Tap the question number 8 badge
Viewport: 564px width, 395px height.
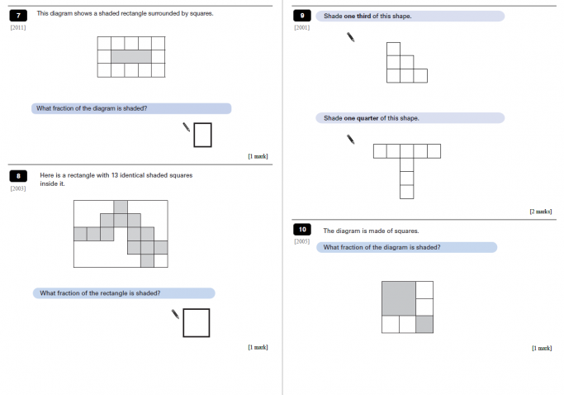pos(18,176)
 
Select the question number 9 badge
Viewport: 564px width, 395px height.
pos(302,16)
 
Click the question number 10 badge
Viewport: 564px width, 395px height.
pos(302,230)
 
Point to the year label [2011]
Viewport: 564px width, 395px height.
pos(18,28)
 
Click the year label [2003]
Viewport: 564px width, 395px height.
pos(18,188)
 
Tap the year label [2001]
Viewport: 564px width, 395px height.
pos(302,28)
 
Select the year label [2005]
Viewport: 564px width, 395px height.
pos(302,242)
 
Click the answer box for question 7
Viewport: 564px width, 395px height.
pos(203,134)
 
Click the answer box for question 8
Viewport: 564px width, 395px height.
pos(196,322)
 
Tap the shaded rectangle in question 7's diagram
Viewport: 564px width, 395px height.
pos(131,56)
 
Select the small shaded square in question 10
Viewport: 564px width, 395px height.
pos(424,324)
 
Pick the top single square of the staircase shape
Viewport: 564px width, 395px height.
pos(393,49)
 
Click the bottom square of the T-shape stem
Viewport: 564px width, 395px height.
pos(406,192)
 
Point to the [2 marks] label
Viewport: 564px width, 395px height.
pos(540,212)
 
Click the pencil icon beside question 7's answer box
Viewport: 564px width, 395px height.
pos(187,127)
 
